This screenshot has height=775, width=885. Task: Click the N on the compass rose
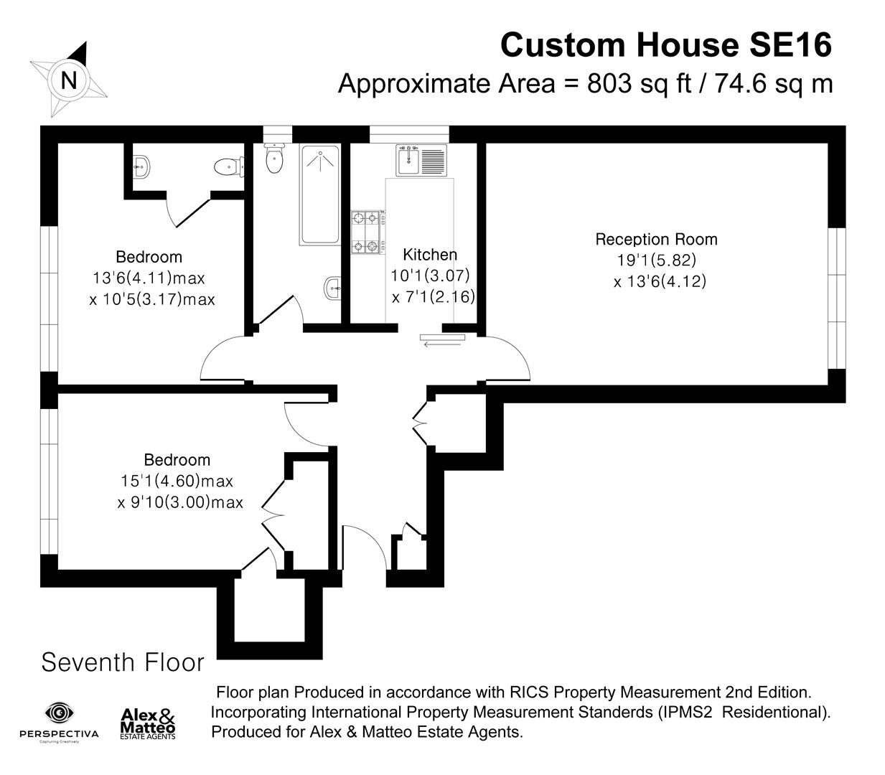(69, 80)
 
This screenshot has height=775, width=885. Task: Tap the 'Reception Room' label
(656, 239)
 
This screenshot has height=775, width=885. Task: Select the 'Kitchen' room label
(429, 254)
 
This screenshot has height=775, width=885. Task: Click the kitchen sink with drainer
(421, 159)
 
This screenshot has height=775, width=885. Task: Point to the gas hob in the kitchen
(366, 232)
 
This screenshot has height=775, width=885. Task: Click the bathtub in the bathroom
(319, 195)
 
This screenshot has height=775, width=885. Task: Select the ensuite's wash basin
(141, 167)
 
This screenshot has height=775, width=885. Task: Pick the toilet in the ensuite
(225, 166)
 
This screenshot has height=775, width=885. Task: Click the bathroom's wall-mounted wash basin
(333, 289)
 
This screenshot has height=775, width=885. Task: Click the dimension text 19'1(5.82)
(656, 260)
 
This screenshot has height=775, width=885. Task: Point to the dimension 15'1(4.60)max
(177, 481)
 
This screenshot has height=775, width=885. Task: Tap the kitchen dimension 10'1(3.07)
(429, 275)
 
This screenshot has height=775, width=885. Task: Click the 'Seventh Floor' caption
(123, 662)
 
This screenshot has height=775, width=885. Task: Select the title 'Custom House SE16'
(665, 44)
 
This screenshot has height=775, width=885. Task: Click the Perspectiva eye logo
(59, 713)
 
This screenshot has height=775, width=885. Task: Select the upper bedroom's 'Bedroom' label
(149, 256)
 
